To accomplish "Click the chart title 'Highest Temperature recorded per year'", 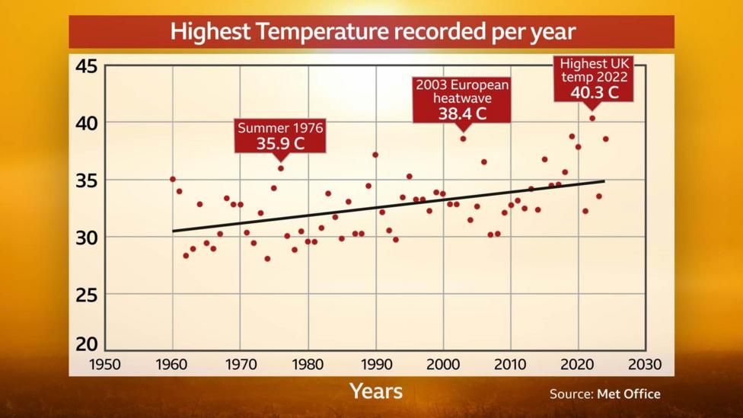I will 371,32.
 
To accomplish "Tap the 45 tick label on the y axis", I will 86,66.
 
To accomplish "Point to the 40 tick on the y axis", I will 86,123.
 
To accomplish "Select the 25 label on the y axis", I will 86,295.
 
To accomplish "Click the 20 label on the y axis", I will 86,343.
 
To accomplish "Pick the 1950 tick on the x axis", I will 105,364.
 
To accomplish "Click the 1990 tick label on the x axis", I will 375,364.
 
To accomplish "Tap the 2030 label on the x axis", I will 646,364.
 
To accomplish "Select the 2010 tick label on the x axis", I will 511,364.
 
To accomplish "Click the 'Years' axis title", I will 375,391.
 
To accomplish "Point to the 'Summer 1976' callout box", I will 280,136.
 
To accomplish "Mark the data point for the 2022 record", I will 592,118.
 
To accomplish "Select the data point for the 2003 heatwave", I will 463,139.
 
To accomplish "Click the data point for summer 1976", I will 280,168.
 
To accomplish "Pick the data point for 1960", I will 173,179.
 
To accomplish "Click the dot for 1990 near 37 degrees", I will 375,155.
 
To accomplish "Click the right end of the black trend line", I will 604,181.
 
